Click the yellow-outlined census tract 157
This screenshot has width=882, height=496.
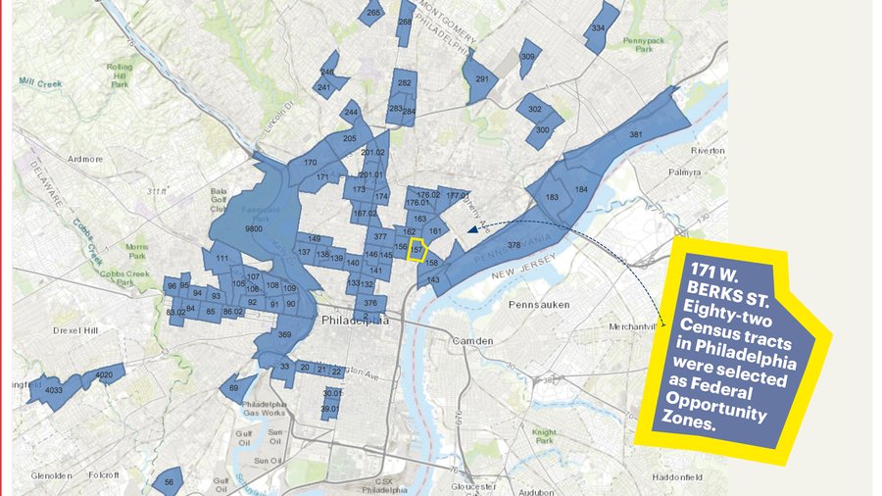tap(417, 250)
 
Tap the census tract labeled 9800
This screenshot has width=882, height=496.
tap(254, 227)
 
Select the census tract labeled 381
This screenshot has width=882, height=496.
tap(635, 134)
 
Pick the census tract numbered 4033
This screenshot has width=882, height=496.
tap(54, 389)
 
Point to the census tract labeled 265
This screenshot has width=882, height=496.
tap(373, 13)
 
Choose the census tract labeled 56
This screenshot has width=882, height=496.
tap(169, 481)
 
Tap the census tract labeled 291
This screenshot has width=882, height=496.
tap(481, 79)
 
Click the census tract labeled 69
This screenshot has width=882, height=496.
tap(234, 388)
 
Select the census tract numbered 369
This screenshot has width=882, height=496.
tap(284, 335)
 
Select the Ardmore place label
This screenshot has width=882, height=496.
tap(85, 157)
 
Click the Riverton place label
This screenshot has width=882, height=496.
tap(708, 150)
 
